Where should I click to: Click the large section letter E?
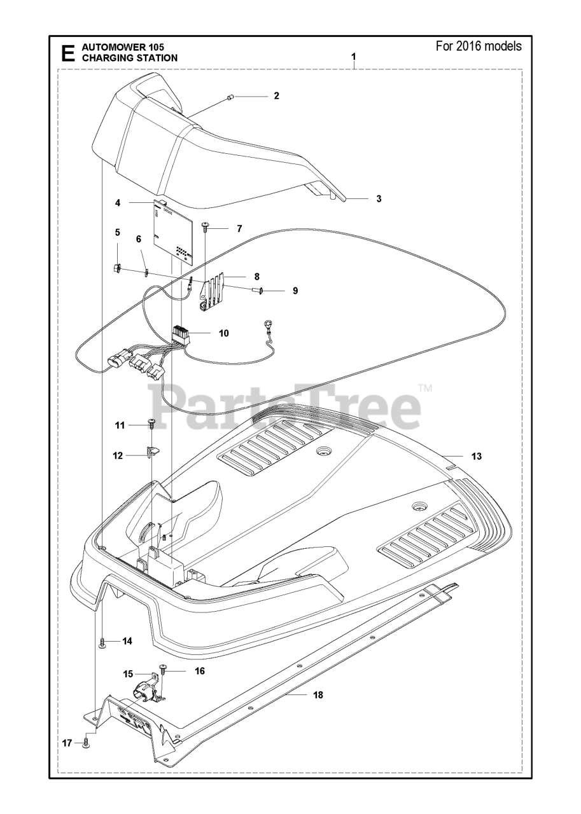click(x=66, y=53)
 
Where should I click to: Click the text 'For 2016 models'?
click(x=479, y=46)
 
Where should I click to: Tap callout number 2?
click(x=276, y=96)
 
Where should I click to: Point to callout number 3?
click(x=379, y=198)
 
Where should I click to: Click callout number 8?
click(x=257, y=277)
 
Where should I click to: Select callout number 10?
click(x=223, y=333)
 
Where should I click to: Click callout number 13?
click(x=477, y=456)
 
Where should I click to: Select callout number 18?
click(x=318, y=695)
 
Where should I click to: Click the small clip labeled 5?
click(x=118, y=268)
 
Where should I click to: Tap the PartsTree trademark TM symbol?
click(x=425, y=388)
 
